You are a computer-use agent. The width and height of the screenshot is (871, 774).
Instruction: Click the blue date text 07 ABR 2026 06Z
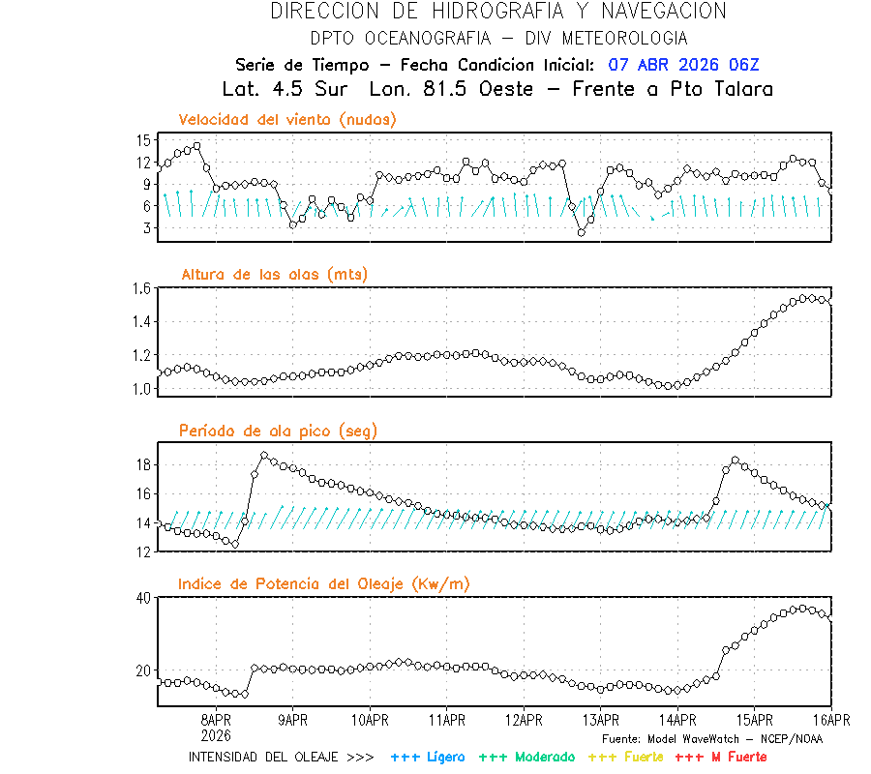(x=683, y=65)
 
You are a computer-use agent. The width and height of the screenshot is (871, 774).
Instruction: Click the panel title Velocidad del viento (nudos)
(x=287, y=119)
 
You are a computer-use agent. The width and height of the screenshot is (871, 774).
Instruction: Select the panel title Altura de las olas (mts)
(x=274, y=275)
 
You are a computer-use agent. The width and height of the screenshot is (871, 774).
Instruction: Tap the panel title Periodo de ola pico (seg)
(x=278, y=431)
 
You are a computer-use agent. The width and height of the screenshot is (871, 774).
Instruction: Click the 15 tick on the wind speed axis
(x=143, y=139)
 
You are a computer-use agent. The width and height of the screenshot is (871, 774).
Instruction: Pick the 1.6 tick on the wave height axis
(x=141, y=288)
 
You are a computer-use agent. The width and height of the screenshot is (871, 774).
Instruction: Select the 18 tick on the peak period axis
(x=143, y=464)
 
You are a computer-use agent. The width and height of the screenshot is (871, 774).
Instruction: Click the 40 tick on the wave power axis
(x=143, y=598)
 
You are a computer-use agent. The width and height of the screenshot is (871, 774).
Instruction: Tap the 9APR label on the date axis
(x=292, y=720)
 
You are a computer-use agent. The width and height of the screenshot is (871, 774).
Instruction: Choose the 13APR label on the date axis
(x=600, y=720)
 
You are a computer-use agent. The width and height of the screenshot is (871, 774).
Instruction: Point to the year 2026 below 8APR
(x=216, y=733)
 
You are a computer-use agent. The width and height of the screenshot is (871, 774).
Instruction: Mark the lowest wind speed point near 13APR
(x=582, y=232)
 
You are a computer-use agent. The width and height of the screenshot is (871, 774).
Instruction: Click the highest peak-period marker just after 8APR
(x=264, y=455)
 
